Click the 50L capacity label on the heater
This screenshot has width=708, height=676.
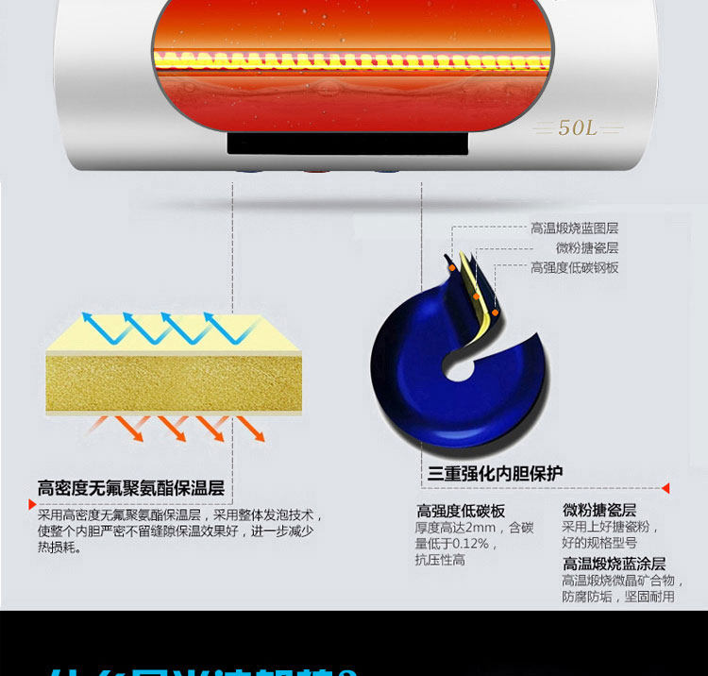tap(577, 127)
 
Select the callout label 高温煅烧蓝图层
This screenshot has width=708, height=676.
tap(574, 228)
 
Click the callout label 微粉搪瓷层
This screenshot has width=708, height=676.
tap(586, 248)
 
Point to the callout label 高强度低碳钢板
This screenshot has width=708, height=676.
tap(574, 268)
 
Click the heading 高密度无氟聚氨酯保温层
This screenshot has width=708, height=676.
tap(131, 489)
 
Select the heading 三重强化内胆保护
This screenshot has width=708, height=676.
tap(497, 473)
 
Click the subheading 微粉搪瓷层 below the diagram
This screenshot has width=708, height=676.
tap(599, 510)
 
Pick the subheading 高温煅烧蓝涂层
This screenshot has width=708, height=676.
tap(614, 564)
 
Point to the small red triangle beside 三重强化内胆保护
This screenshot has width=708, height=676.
tap(666, 488)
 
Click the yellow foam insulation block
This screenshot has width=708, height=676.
tap(174, 382)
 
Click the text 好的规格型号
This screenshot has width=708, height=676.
tap(599, 543)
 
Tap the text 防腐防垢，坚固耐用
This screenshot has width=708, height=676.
tap(618, 597)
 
